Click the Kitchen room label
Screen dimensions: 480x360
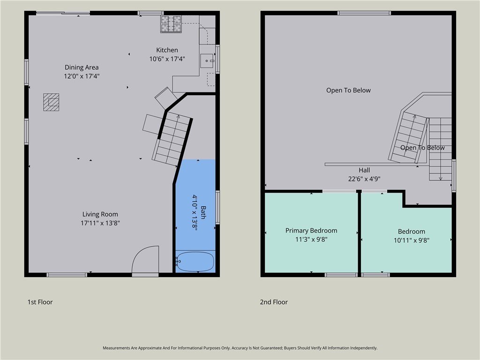coord(167,50)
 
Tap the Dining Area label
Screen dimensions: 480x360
coord(82,67)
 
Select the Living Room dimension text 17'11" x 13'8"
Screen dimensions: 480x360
coord(100,223)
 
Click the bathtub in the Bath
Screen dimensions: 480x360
coord(195,262)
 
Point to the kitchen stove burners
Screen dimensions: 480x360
coord(171,24)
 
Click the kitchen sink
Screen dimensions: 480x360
coord(207,61)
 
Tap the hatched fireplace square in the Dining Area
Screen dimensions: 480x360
coord(51,102)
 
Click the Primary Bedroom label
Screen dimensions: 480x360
coord(311,231)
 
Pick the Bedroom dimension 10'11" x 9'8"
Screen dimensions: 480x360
coord(412,240)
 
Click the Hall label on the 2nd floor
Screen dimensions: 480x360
coord(364,170)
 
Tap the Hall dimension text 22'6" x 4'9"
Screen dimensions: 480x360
coord(364,179)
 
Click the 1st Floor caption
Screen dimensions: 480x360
coord(40,302)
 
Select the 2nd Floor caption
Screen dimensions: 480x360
coord(274,302)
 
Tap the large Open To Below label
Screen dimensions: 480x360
coord(348,90)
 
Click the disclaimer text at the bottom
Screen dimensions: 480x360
coord(240,348)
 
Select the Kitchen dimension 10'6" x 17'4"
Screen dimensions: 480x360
coord(167,59)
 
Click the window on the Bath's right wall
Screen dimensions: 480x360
coord(217,207)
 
